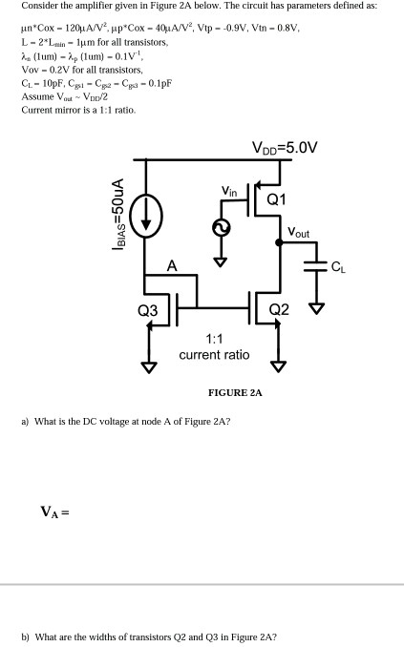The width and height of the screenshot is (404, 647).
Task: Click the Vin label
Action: (229, 191)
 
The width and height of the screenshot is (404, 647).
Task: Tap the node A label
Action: (172, 266)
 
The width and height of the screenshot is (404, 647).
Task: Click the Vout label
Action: (299, 232)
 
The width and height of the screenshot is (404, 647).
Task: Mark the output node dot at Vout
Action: (279, 243)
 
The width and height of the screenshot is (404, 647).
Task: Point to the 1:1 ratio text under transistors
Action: (214, 346)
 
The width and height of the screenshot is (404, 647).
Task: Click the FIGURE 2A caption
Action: (235, 392)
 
